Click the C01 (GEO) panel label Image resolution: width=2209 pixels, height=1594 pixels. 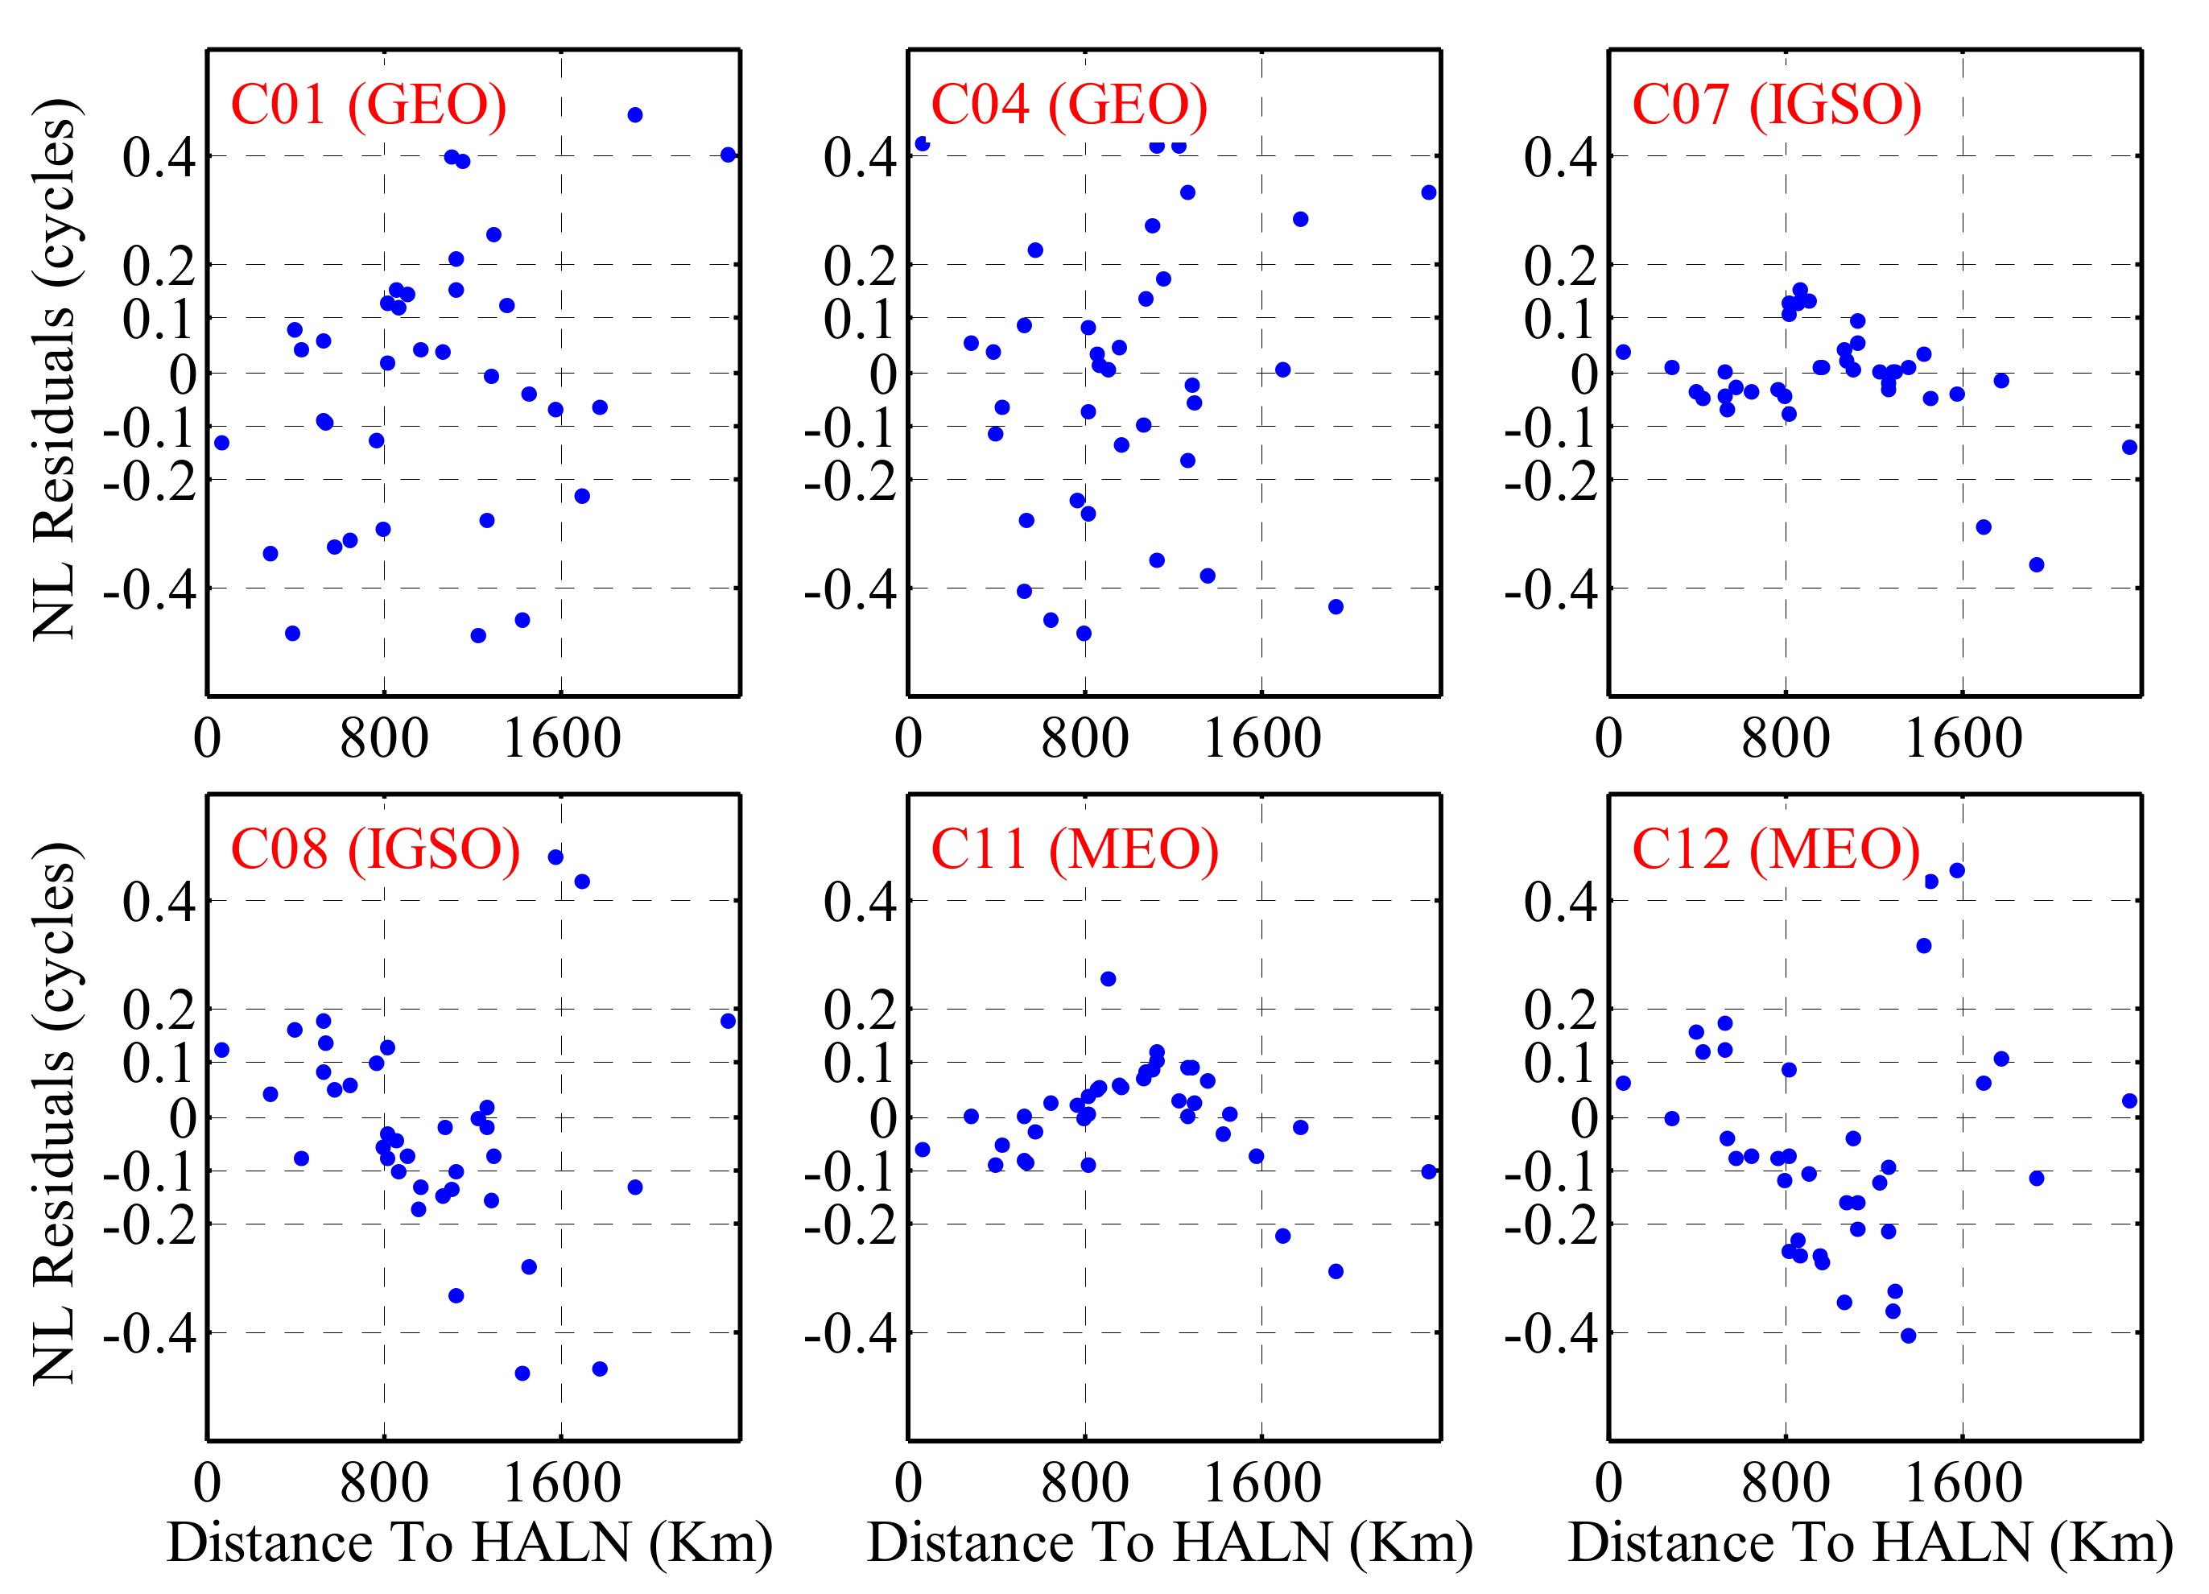pyautogui.click(x=368, y=105)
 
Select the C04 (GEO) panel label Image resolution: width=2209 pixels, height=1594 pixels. pyautogui.click(x=1068, y=105)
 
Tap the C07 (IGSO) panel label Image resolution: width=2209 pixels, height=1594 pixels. pyautogui.click(x=1776, y=105)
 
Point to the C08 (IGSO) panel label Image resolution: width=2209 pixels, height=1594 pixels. pyautogui.click(x=375, y=849)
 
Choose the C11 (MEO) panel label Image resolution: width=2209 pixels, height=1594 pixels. pyautogui.click(x=1074, y=849)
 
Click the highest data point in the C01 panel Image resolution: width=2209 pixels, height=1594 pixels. pyautogui.click(x=635, y=115)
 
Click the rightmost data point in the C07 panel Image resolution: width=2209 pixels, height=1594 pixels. pyautogui.click(x=2130, y=447)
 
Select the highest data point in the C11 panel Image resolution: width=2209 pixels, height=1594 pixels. pyautogui.click(x=1108, y=979)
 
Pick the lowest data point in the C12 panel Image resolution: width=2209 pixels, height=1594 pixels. pyautogui.click(x=1908, y=1336)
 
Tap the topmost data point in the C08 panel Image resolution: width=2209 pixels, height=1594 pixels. pyautogui.click(x=555, y=857)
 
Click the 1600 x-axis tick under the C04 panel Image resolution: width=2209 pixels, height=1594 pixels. pyautogui.click(x=1262, y=738)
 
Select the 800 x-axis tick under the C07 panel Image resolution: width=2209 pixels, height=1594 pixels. pyautogui.click(x=1786, y=738)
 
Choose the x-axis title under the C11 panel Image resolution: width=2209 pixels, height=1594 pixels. pyautogui.click(x=1170, y=1542)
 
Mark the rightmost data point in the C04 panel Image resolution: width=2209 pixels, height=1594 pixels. pyautogui.click(x=1429, y=192)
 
